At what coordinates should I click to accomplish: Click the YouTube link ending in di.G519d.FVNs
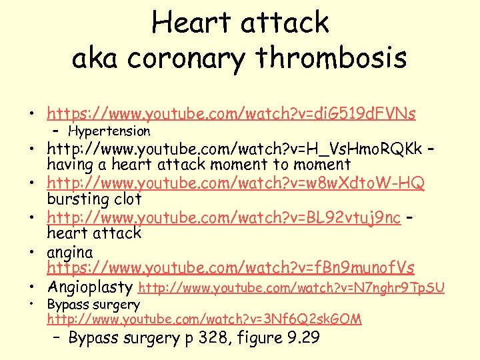coord(231,114)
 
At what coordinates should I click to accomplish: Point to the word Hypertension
coord(109,131)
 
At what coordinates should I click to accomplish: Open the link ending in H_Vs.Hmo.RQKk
coord(234,148)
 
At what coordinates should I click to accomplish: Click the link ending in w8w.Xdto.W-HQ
coord(235,183)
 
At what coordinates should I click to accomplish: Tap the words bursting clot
coord(94,199)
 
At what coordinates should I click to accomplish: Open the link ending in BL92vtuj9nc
coord(224,217)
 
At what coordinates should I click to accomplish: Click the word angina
coord(69,253)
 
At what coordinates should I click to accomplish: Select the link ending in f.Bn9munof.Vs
coord(230,268)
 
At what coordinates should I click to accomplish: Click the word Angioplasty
coord(90,288)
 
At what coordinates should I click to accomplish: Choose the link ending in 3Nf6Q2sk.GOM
coord(204,319)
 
